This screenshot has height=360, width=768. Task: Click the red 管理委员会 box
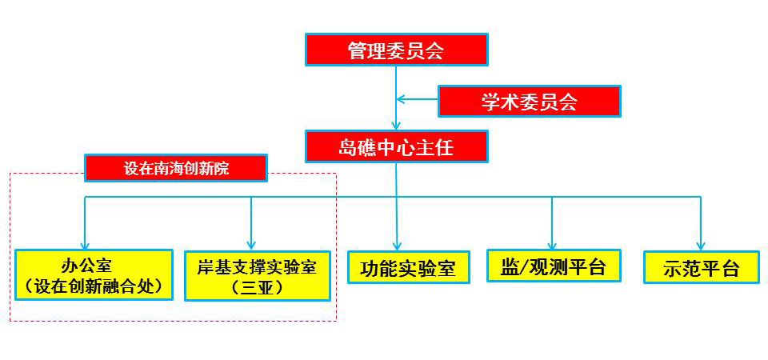[396, 50]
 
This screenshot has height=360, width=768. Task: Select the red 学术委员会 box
[529, 101]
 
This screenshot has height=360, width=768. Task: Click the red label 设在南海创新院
[177, 168]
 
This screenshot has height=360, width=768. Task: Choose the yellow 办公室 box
[94, 274]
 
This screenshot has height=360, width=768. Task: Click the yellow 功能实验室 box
[402, 267]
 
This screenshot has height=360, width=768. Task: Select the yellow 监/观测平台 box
[554, 266]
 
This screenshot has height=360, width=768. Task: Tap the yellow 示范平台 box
[701, 267]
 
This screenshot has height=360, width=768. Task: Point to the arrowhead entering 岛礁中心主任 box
[396, 126]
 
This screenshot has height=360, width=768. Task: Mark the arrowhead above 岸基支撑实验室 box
[251, 244]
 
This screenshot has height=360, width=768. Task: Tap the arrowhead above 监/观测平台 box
[552, 244]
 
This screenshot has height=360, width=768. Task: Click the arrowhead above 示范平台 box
[701, 245]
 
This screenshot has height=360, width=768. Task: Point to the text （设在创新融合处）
[94, 286]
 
